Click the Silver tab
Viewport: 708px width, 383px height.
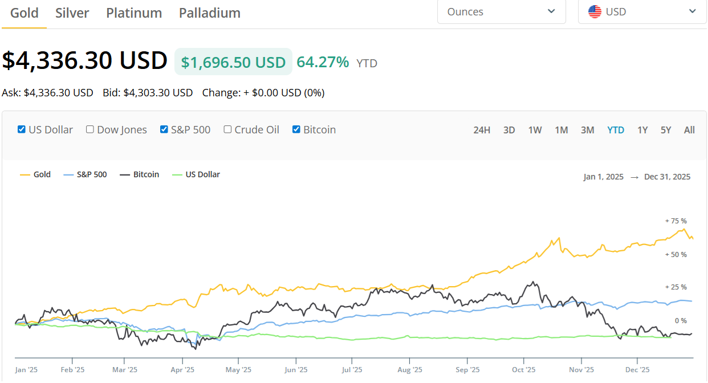coord(72,13)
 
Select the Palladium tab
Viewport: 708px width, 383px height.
coord(210,13)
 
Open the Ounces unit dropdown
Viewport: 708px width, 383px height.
coord(501,12)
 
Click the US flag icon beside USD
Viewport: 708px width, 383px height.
coord(595,12)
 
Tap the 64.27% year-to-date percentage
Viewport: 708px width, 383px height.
coord(323,62)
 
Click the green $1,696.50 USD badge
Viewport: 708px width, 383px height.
coord(233,62)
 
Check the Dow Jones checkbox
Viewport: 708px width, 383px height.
coord(89,129)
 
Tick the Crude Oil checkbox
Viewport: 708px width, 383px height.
coord(227,129)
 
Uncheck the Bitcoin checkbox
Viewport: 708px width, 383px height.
coord(296,129)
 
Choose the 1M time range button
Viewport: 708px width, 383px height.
coord(561,130)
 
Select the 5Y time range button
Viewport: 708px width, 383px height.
coord(666,130)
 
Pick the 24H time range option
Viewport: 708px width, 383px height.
coord(482,130)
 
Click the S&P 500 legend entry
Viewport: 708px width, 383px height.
coord(85,174)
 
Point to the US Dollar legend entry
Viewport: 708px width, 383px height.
coord(196,174)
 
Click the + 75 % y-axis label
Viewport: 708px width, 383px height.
coord(676,221)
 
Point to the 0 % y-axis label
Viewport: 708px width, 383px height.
coord(681,321)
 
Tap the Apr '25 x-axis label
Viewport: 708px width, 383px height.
coord(182,370)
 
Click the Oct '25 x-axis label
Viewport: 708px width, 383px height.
coord(524,370)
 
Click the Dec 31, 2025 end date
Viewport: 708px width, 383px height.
coord(667,177)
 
